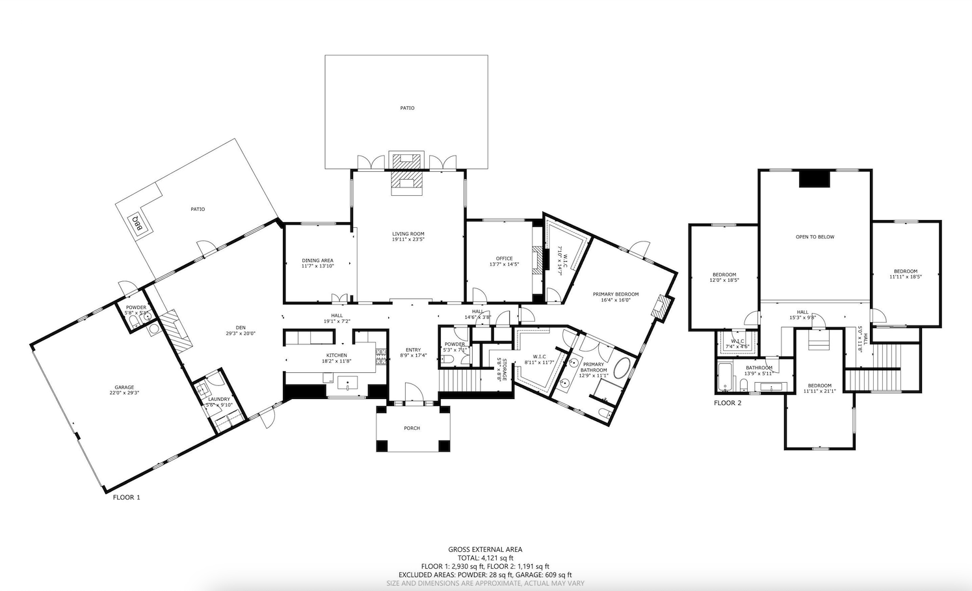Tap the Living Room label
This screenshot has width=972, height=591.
408,234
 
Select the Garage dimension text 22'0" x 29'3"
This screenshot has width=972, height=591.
124,392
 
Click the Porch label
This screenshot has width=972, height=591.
412,428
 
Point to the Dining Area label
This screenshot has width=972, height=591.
317,260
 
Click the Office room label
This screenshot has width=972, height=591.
504,258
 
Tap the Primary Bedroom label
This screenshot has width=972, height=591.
615,294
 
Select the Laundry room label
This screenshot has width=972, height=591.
219,399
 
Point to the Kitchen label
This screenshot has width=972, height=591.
337,355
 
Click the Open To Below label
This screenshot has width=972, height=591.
815,237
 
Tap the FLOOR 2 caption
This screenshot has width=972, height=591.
727,403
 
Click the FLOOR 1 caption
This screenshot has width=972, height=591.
126,497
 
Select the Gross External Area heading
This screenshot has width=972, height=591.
485,549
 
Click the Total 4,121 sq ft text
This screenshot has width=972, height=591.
485,558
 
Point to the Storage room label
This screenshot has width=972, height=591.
501,369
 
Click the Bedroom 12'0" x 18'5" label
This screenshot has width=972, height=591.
724,275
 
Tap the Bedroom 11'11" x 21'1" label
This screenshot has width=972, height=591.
819,385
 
